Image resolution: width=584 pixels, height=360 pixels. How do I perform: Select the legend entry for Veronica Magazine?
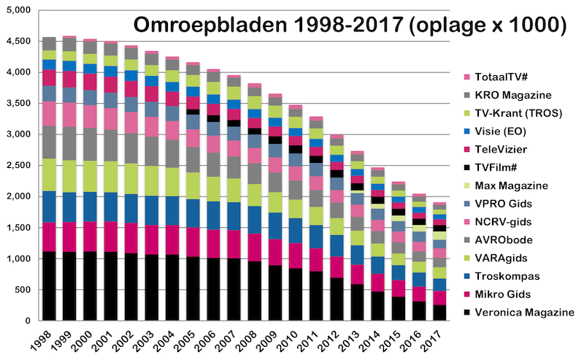pyautogui.click(x=517, y=313)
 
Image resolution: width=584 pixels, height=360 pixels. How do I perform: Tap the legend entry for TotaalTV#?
pyautogui.click(x=502, y=78)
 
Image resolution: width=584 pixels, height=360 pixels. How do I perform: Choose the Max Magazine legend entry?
pyautogui.click(x=509, y=186)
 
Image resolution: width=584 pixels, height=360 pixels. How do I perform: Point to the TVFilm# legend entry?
pyautogui.click(x=498, y=168)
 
